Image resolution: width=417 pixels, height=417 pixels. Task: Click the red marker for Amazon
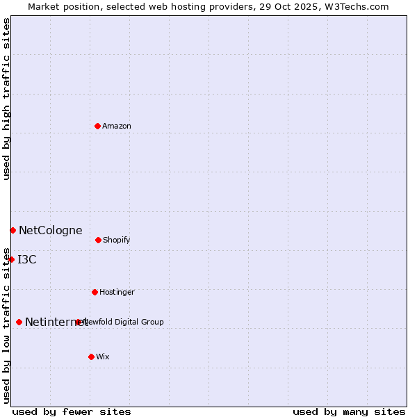point(97,126)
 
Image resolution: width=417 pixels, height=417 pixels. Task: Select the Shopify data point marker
point(98,240)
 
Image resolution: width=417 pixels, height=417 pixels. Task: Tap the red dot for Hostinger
point(95,292)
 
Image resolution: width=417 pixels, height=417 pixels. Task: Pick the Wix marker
point(91,357)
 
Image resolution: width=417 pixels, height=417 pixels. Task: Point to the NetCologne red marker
point(13,230)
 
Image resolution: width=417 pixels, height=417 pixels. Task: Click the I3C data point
point(11,259)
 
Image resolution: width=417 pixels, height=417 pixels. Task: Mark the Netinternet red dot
point(19,322)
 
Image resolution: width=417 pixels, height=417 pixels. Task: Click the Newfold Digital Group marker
point(78,322)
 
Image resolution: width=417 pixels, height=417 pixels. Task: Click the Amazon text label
point(117,126)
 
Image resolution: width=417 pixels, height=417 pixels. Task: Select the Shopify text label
point(116,240)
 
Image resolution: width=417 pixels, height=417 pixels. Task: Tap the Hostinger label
point(117,292)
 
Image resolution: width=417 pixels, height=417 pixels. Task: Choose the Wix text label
point(103,357)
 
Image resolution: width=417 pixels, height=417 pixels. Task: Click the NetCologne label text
point(50,230)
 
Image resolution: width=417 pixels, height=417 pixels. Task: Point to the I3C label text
point(27,259)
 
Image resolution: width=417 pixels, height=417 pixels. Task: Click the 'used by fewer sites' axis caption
point(72,411)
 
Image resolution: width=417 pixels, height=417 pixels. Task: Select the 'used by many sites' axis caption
point(349,411)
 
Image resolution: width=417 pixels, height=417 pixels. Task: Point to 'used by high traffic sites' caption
point(6,99)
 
